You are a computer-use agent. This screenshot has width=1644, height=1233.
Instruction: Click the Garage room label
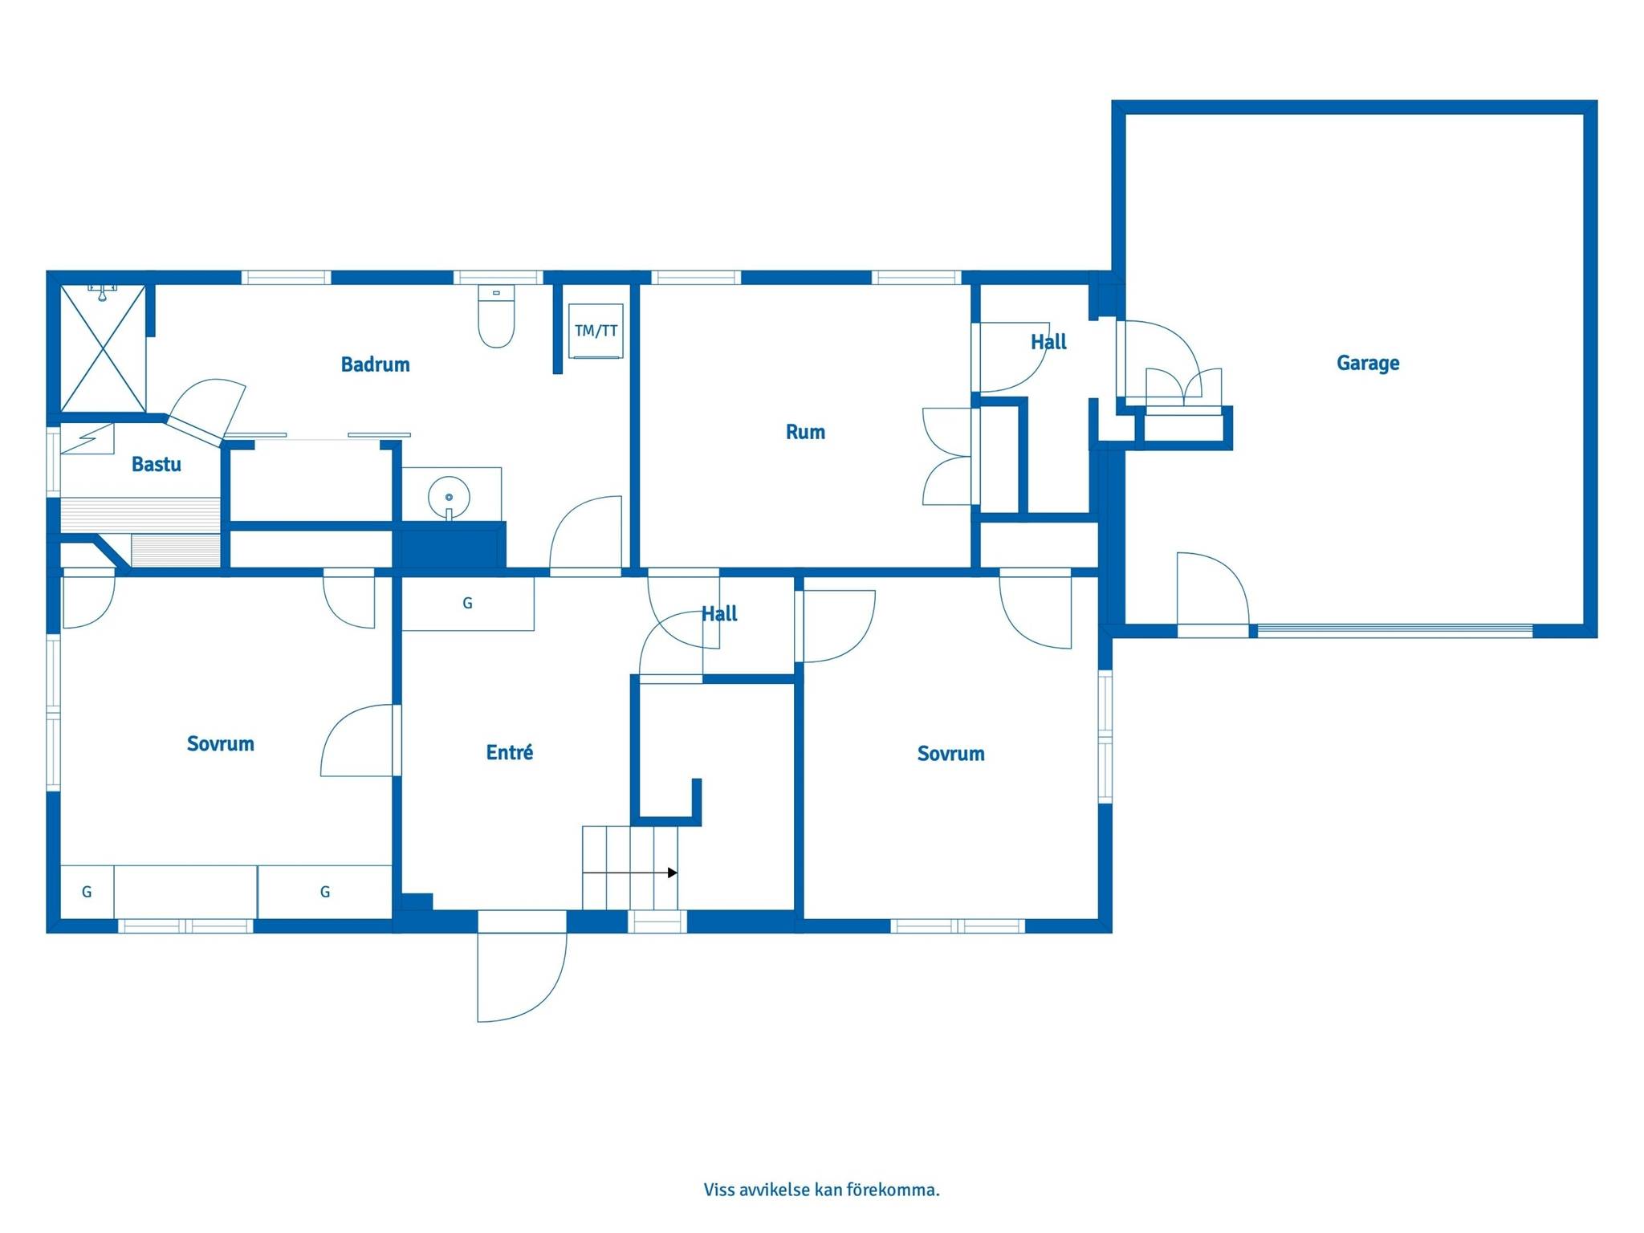(x=1368, y=363)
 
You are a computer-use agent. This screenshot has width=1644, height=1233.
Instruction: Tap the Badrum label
(x=375, y=364)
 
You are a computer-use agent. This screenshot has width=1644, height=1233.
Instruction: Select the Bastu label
(x=157, y=464)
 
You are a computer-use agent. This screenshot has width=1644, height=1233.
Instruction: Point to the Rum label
(x=805, y=432)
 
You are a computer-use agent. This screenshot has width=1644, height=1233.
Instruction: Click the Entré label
(x=510, y=752)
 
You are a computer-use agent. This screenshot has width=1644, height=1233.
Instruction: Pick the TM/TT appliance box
(x=596, y=331)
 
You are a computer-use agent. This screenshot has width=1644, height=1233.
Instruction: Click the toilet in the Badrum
(x=496, y=316)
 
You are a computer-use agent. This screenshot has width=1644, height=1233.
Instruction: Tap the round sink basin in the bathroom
(x=449, y=498)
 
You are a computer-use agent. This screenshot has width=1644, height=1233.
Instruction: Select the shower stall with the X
(x=104, y=349)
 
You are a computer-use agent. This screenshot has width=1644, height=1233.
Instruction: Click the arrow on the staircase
(x=630, y=873)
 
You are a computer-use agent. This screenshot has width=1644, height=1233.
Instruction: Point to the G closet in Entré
(x=468, y=604)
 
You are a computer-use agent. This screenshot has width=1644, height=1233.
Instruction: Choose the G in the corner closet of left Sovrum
(x=87, y=891)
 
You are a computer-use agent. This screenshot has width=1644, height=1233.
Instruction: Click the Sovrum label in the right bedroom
(x=950, y=754)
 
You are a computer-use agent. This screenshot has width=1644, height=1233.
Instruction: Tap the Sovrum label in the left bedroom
(x=220, y=744)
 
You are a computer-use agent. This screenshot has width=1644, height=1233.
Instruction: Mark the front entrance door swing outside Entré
(x=522, y=977)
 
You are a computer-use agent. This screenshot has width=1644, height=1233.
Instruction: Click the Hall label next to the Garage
(x=1048, y=342)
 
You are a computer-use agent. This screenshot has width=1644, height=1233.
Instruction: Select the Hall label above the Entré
(x=719, y=614)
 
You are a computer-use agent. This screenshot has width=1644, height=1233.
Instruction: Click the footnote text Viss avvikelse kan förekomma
(x=821, y=1190)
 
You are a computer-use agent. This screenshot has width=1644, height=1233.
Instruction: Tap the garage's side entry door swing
(x=1213, y=589)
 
